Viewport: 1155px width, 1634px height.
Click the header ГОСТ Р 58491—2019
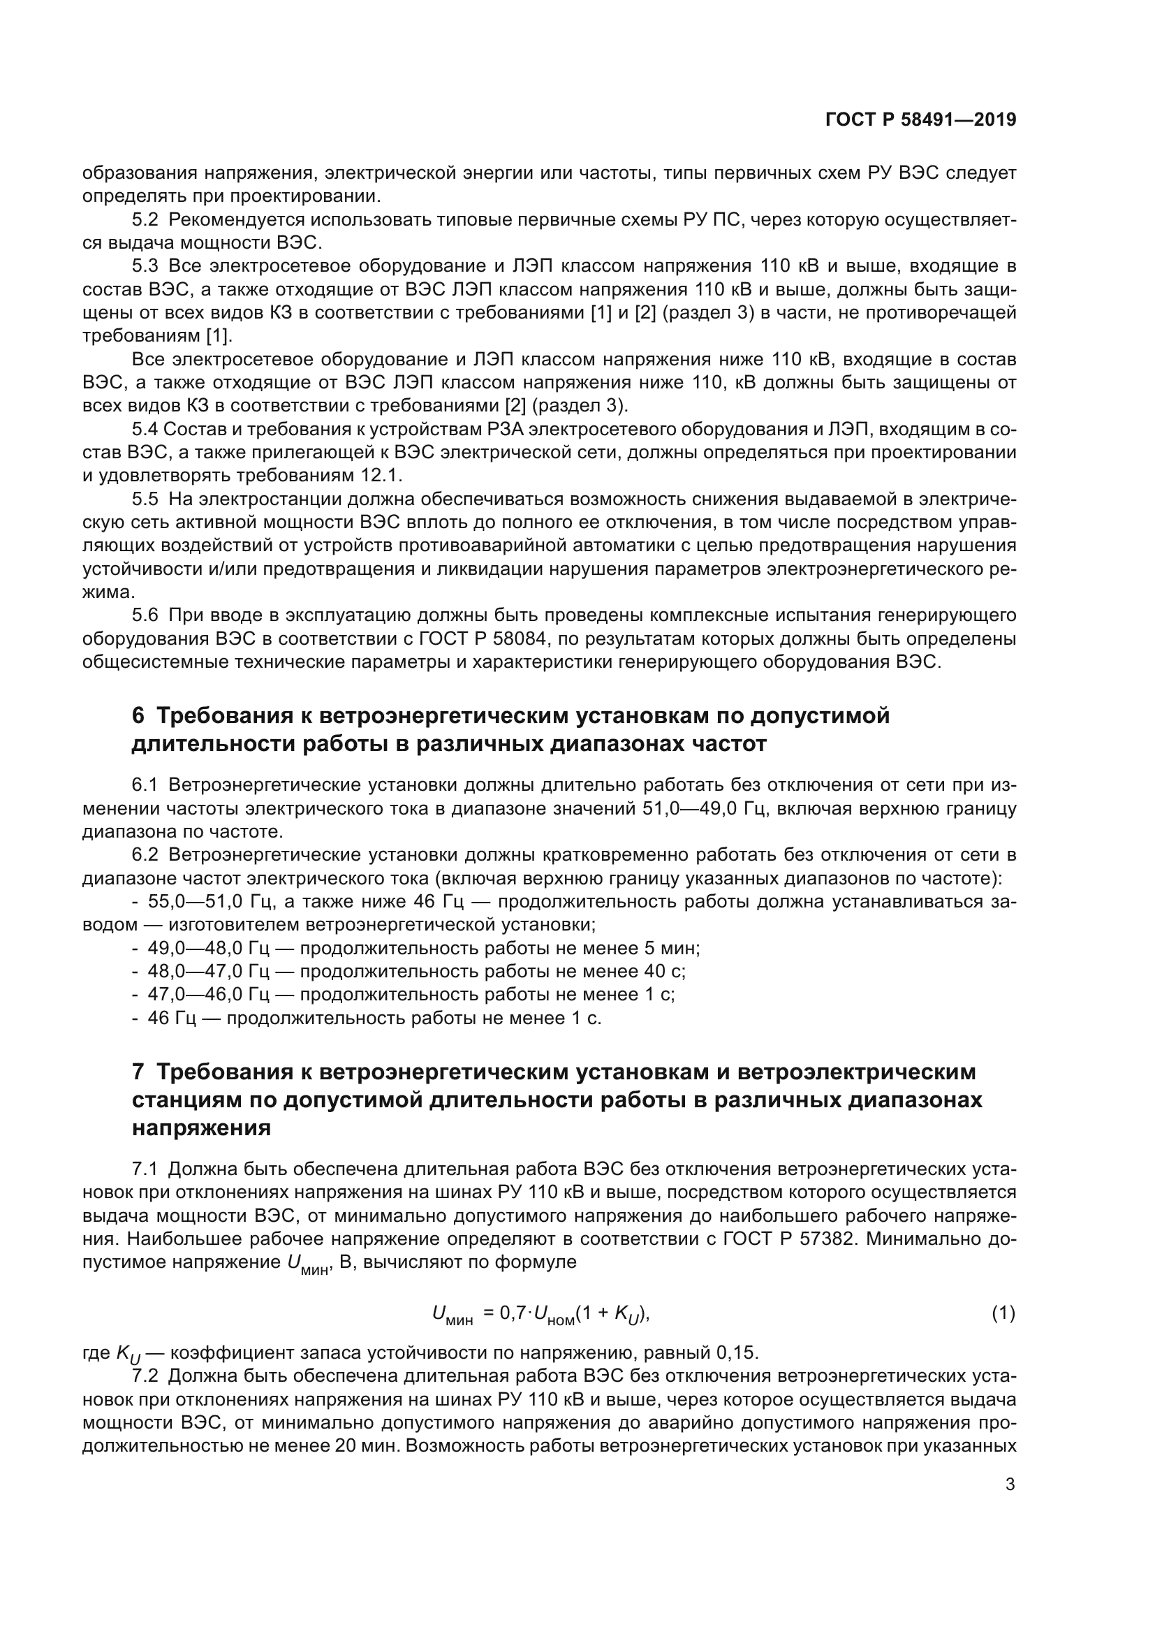920,119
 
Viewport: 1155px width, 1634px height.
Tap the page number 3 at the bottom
1010,1484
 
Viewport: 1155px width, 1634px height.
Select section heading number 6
138,715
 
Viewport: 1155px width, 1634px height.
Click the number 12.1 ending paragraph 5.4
388,476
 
